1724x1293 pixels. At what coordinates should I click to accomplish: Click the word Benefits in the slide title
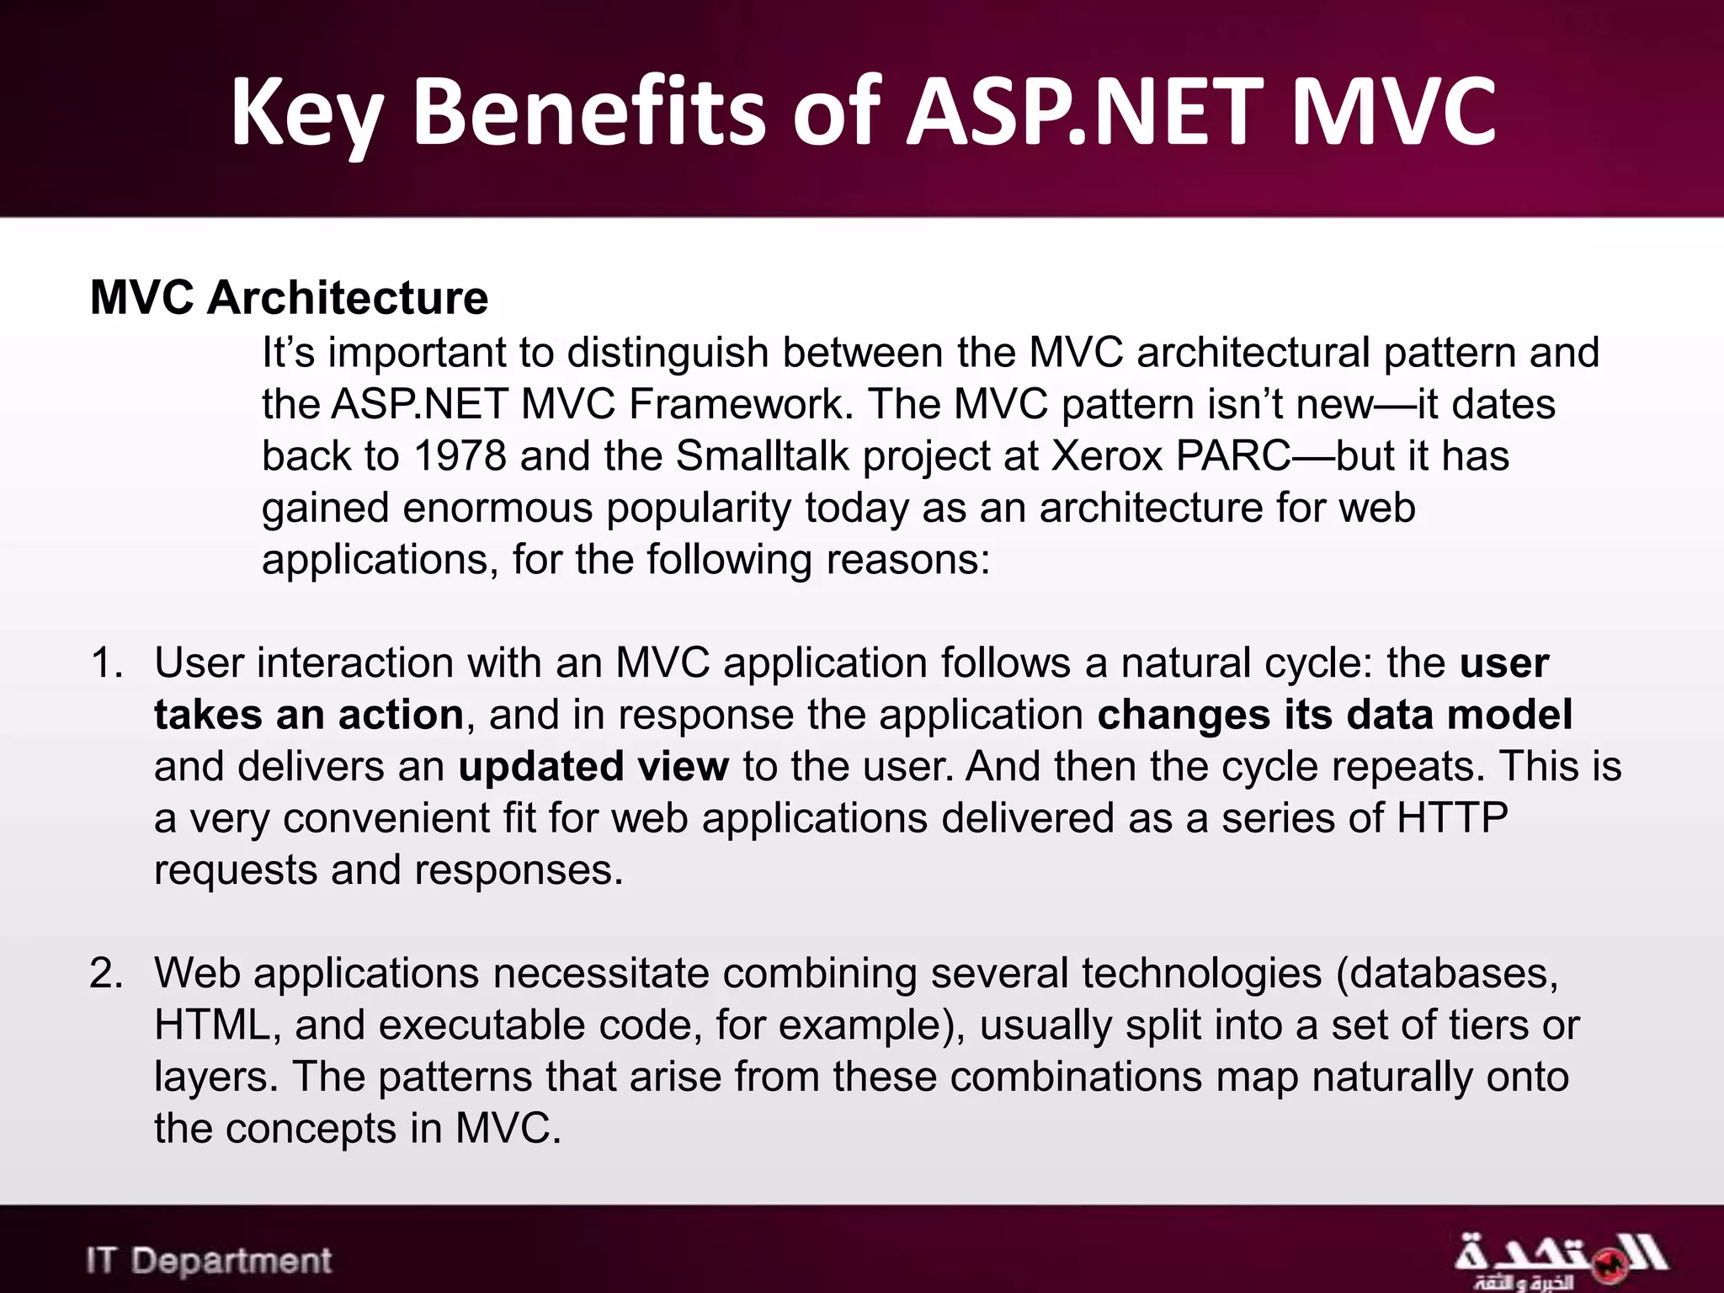click(588, 112)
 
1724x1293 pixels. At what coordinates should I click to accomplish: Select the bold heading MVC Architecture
click(289, 297)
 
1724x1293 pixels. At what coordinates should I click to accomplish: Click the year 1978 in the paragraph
click(460, 455)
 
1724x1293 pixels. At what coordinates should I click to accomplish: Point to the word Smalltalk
click(763, 455)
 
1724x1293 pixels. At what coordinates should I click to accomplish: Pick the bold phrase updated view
click(593, 766)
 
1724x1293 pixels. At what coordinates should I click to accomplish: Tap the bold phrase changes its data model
click(1334, 715)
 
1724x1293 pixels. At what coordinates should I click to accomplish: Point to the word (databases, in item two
click(1447, 973)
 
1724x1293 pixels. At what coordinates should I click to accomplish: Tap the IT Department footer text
click(209, 1261)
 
